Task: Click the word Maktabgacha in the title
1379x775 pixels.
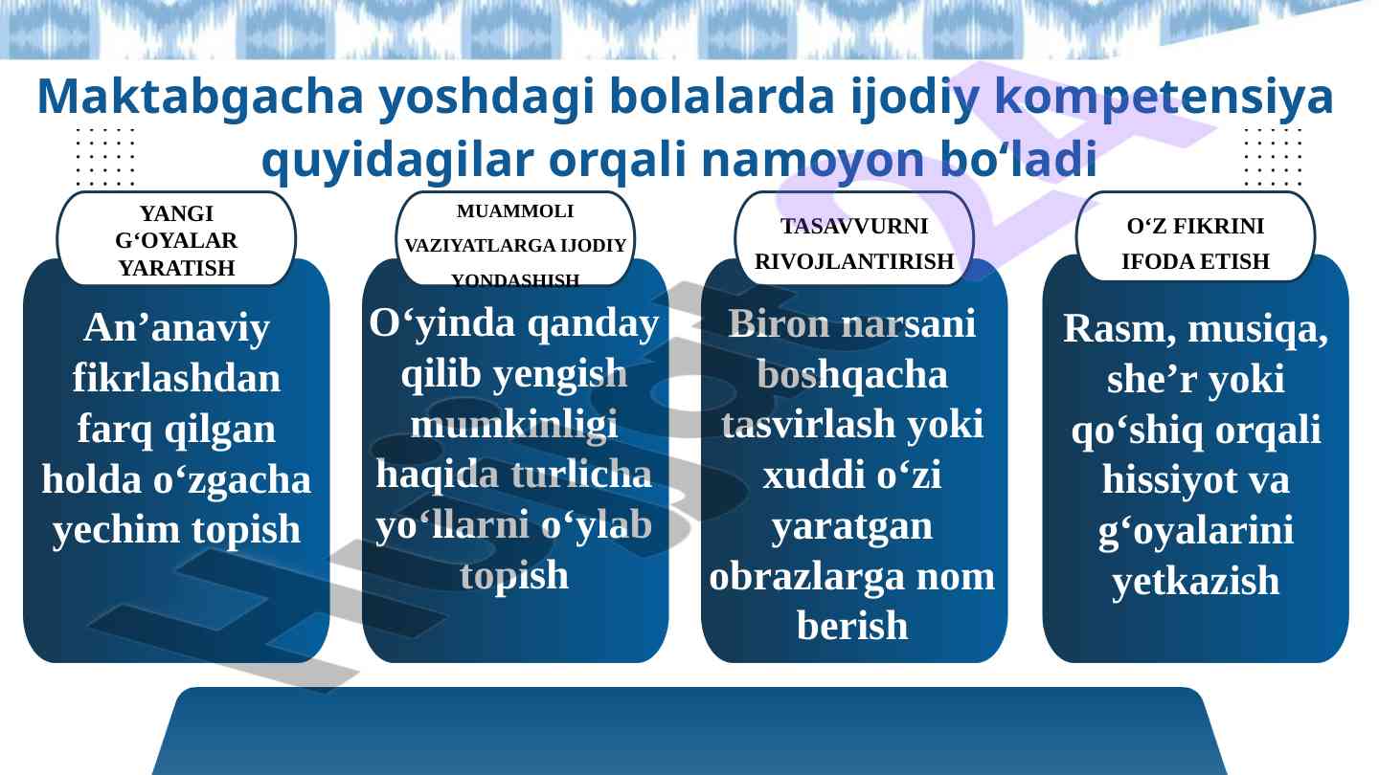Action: pyautogui.click(x=201, y=99)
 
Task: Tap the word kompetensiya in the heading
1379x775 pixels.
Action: pyautogui.click(x=1164, y=99)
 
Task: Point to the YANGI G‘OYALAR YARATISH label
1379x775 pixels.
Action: pyautogui.click(x=176, y=240)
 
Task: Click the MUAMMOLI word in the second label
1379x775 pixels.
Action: pyautogui.click(x=515, y=210)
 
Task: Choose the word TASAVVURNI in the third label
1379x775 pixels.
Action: pyautogui.click(x=854, y=226)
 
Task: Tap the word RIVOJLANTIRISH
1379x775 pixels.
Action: pyautogui.click(x=854, y=261)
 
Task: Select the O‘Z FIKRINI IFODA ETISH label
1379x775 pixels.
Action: pyautogui.click(x=1195, y=243)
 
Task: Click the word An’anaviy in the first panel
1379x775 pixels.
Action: pyautogui.click(x=176, y=328)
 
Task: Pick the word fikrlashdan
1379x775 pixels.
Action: pyautogui.click(x=176, y=378)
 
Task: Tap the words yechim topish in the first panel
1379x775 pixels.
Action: pyautogui.click(x=176, y=530)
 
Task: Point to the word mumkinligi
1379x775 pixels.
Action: pyautogui.click(x=514, y=426)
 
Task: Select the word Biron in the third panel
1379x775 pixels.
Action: pyautogui.click(x=779, y=323)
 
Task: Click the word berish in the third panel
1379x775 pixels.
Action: pyautogui.click(x=852, y=626)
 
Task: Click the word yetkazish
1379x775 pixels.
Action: pyautogui.click(x=1195, y=582)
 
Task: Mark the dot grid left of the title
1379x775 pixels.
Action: pyautogui.click(x=105, y=157)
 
